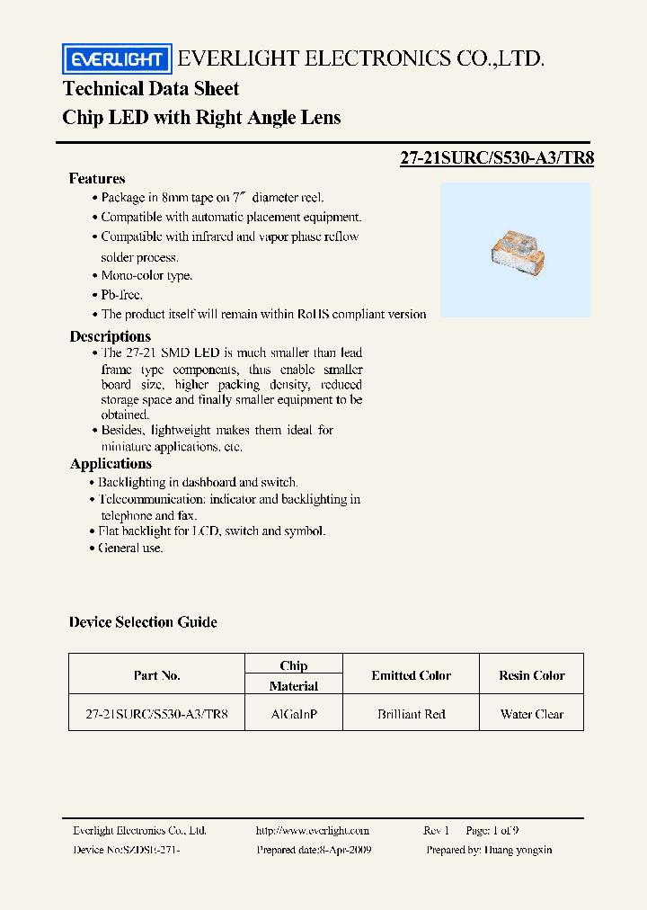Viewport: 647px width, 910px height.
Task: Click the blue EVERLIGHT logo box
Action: (116, 59)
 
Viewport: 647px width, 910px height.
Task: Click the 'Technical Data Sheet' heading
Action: (151, 89)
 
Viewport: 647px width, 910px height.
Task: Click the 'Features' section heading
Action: (97, 178)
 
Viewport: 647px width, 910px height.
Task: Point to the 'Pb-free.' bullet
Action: (121, 295)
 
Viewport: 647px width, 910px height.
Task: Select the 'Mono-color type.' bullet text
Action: (146, 276)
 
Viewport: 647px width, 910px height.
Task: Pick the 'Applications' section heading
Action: (111, 464)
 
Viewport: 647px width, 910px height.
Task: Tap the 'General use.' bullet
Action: (131, 548)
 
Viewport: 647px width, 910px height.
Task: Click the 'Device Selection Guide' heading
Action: (143, 622)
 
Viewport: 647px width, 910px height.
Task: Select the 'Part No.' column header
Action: (156, 675)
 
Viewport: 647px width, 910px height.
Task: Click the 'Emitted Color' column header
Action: (411, 675)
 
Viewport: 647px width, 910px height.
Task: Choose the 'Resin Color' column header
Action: (532, 675)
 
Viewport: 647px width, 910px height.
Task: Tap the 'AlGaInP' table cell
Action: (294, 715)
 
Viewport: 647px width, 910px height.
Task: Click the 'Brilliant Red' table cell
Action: (411, 715)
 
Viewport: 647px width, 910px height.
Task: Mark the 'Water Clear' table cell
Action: (532, 715)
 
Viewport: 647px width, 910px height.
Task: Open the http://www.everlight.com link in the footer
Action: (313, 831)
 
